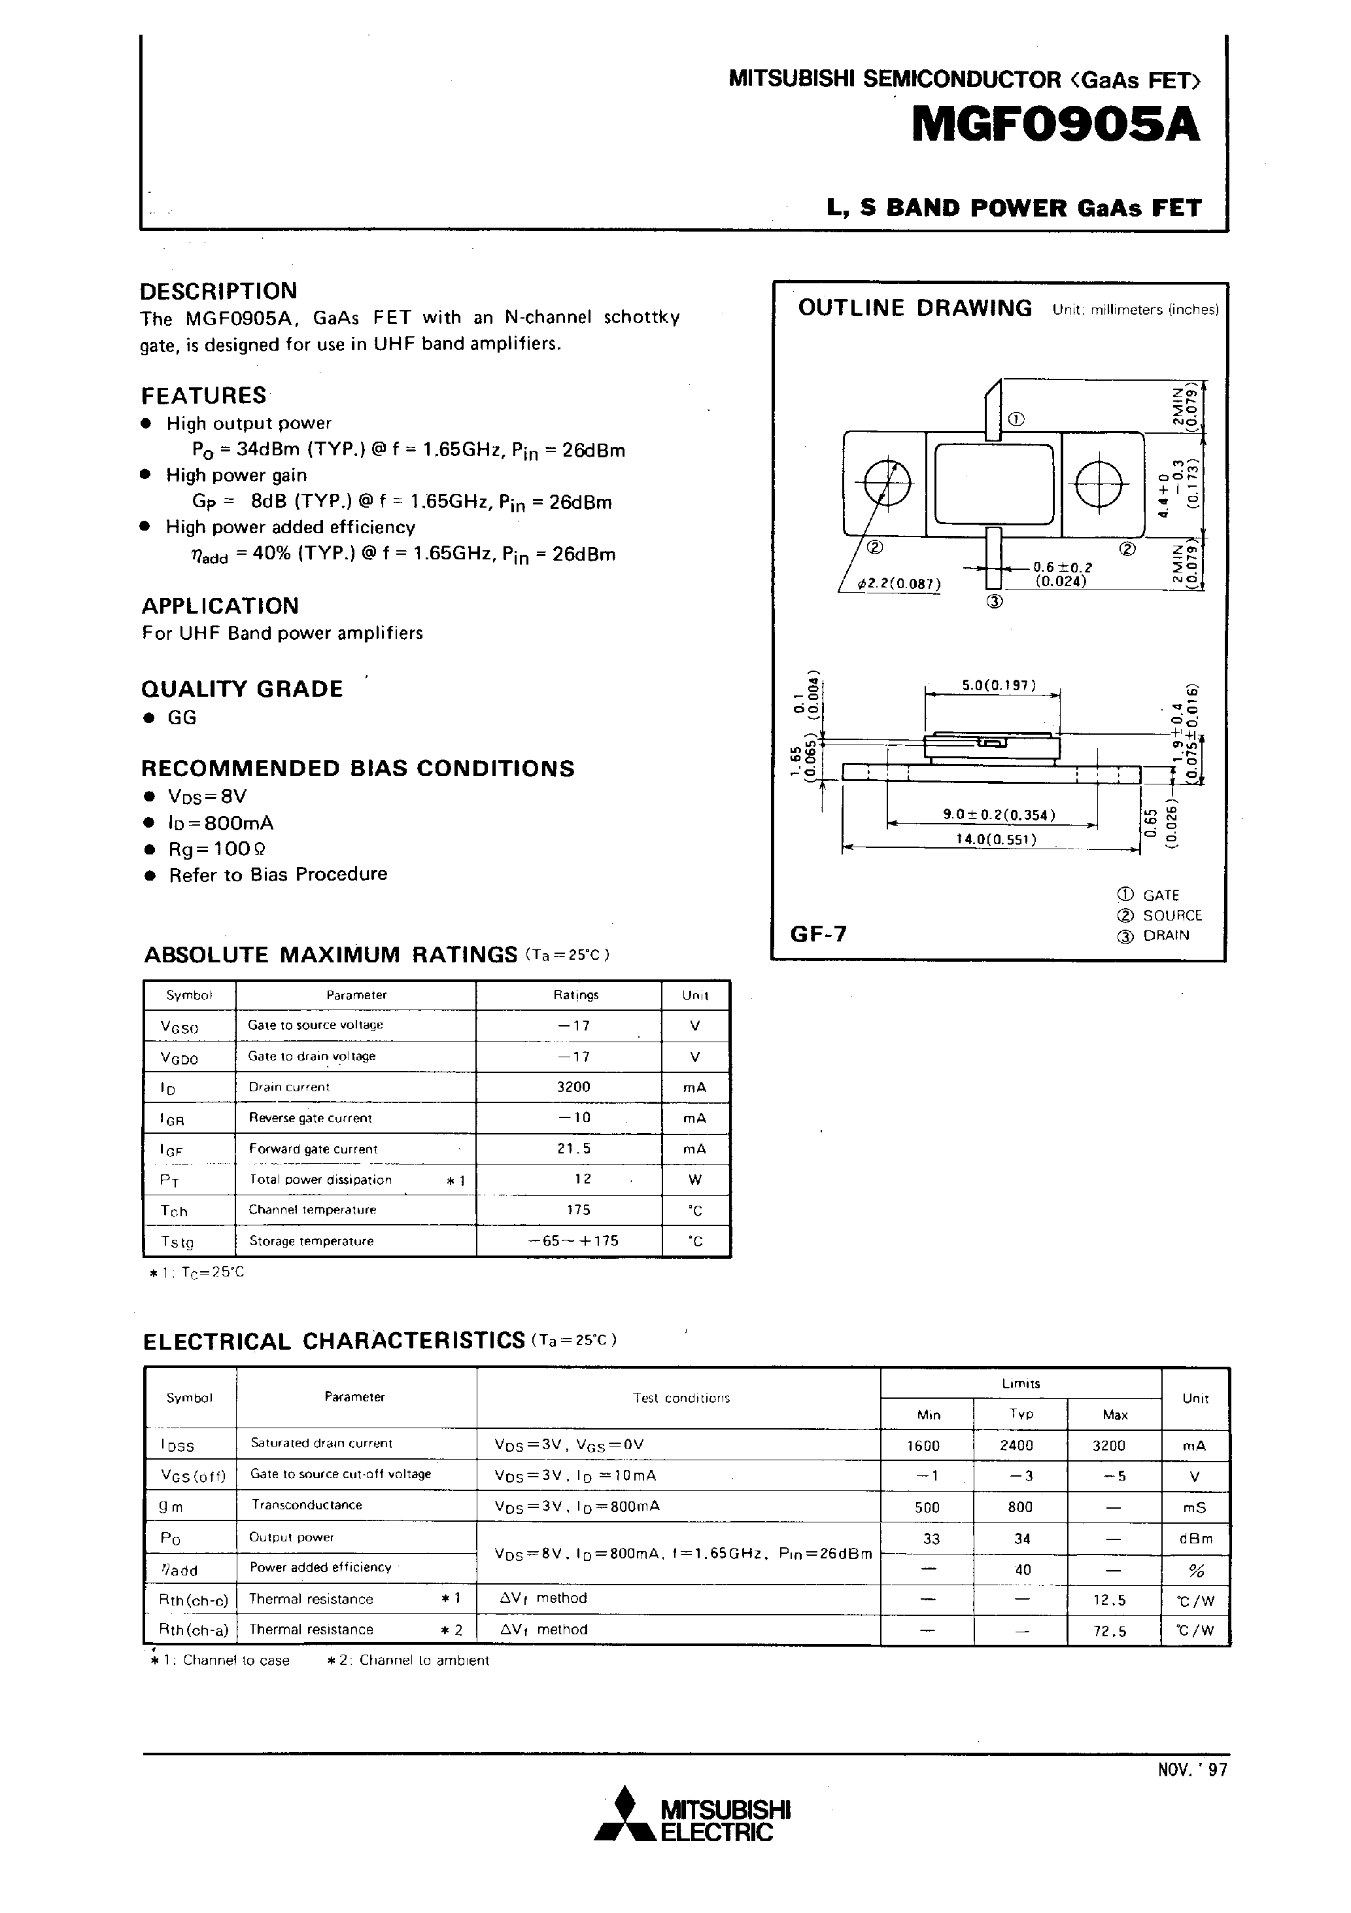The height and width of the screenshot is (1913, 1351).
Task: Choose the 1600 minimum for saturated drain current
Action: (x=923, y=1447)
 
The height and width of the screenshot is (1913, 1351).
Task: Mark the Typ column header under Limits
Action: (x=1021, y=1414)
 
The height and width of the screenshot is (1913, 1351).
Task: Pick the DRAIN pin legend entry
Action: (x=1165, y=935)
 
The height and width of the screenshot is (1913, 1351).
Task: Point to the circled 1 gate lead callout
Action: (x=1016, y=419)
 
